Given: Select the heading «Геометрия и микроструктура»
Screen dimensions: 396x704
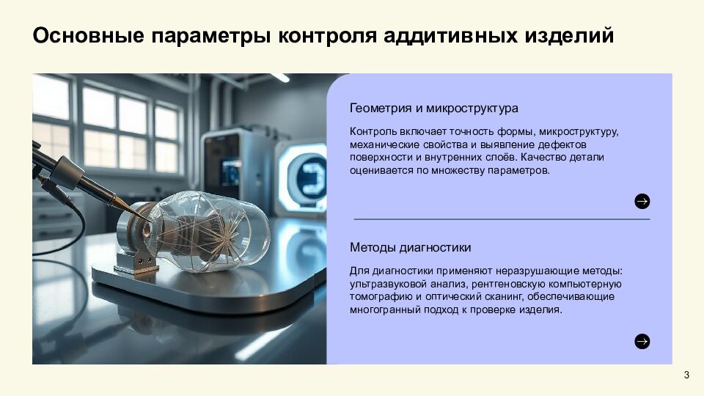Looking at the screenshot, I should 434,108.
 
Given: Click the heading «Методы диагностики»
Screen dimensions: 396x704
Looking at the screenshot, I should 411,247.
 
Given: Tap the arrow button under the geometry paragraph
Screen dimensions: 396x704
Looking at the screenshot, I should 642,202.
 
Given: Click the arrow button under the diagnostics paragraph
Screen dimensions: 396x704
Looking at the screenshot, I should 642,341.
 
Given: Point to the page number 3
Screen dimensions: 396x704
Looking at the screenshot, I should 686,375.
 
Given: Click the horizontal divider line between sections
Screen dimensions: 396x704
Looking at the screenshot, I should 502,219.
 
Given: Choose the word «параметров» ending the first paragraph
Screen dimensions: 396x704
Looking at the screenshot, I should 521,170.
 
